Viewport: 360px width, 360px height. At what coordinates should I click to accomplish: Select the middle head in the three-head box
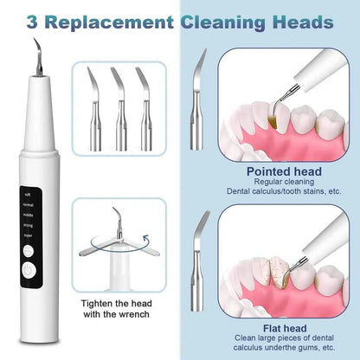(x=120, y=100)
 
